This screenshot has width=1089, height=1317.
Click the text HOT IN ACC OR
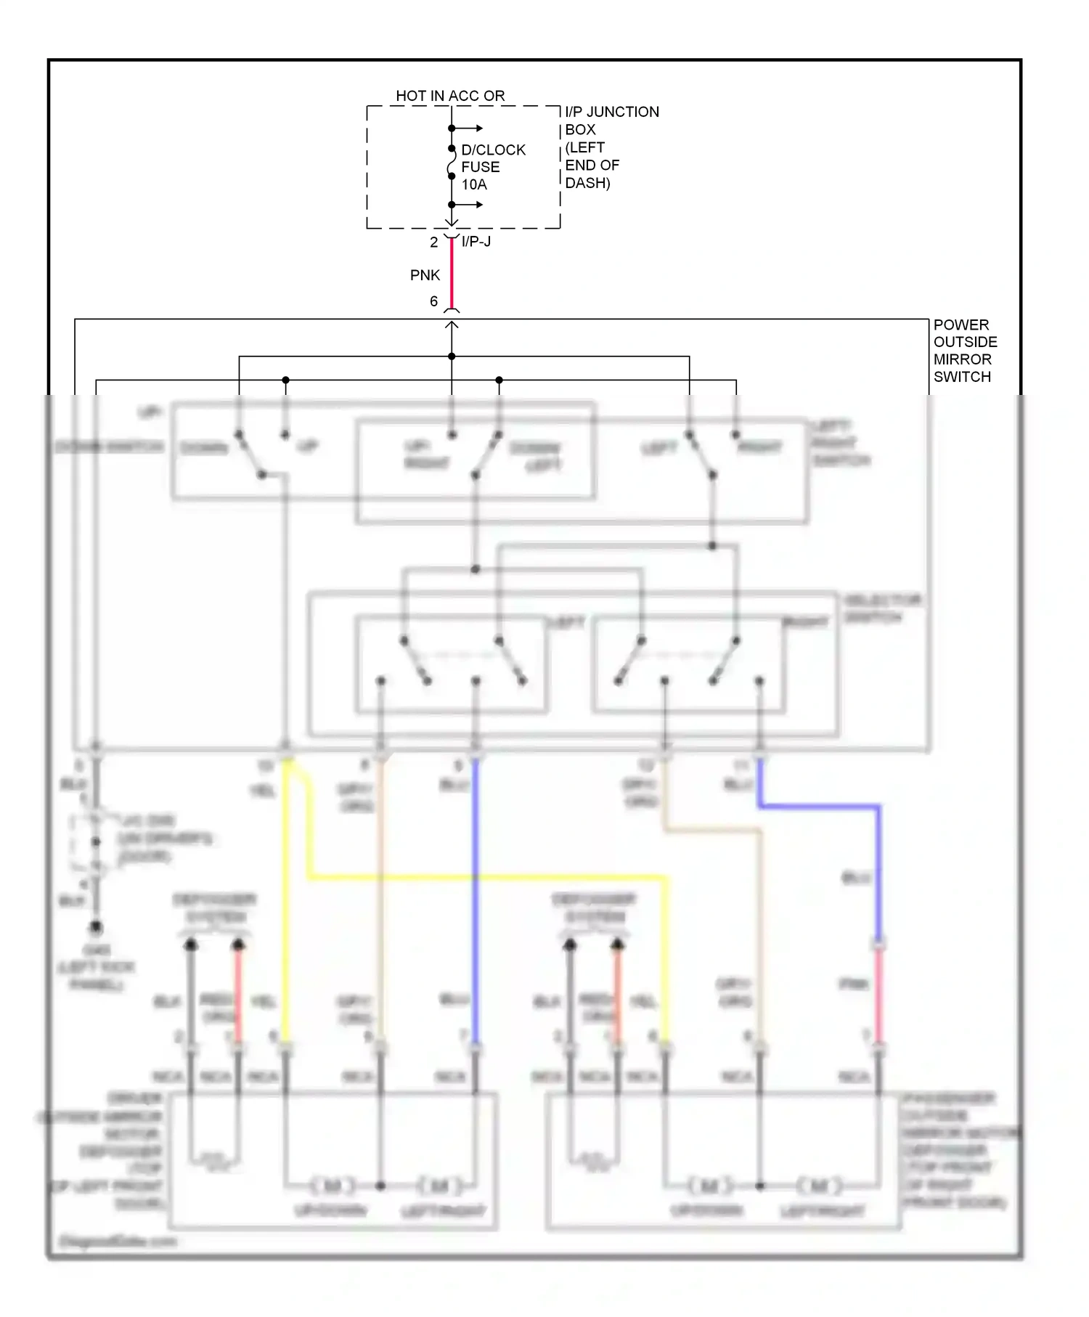tap(450, 96)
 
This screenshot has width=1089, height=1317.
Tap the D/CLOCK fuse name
tap(493, 150)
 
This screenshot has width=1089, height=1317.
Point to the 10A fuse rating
tap(474, 184)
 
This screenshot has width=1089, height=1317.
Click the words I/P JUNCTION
tap(612, 112)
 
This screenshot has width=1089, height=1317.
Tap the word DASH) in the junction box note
tap(587, 183)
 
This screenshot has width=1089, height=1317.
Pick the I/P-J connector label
tap(476, 242)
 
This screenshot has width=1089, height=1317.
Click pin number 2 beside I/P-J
tap(433, 242)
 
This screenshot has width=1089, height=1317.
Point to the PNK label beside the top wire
tap(425, 275)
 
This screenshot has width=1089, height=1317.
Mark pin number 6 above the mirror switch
tap(433, 301)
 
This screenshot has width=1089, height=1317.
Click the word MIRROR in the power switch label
tap(962, 359)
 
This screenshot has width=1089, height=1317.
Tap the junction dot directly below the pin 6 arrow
tap(452, 356)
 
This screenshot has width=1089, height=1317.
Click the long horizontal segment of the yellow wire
tap(486, 878)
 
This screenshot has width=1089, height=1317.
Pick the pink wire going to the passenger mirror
tap(878, 995)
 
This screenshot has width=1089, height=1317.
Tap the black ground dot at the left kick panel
tap(96, 928)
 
